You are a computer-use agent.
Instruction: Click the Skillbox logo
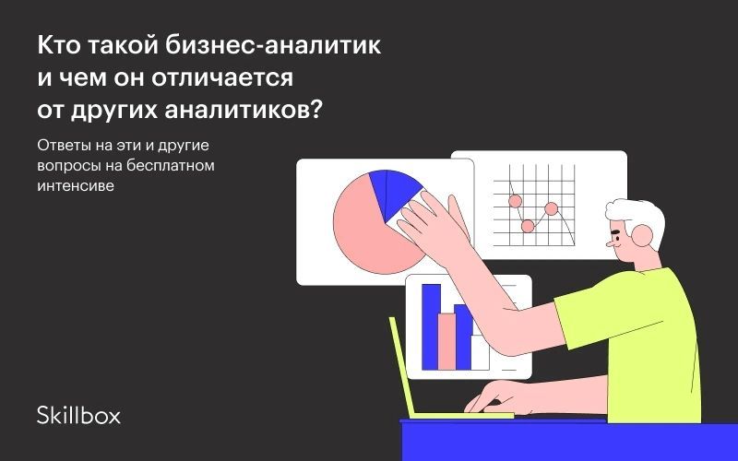(x=78, y=415)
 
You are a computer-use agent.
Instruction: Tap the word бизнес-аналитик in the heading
(x=273, y=45)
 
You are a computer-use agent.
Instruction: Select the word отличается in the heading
(x=222, y=78)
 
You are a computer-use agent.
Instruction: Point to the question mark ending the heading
(x=315, y=110)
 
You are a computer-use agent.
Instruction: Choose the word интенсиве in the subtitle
(x=76, y=186)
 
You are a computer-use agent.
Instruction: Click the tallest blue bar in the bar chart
(x=431, y=326)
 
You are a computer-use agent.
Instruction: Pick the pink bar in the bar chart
(x=446, y=341)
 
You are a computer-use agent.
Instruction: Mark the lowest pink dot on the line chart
(x=528, y=226)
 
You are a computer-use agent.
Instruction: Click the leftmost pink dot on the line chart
(x=516, y=201)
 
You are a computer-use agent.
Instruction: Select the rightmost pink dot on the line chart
(x=551, y=208)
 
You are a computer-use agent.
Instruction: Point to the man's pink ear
(x=642, y=235)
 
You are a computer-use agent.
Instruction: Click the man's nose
(x=610, y=243)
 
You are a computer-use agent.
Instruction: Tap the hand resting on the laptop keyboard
(x=494, y=396)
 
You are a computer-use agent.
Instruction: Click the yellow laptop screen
(x=400, y=367)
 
